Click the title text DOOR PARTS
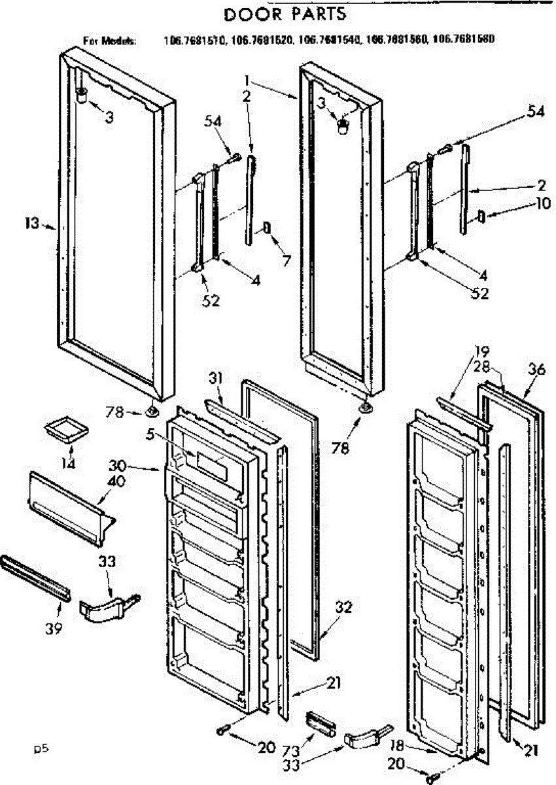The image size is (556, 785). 285,13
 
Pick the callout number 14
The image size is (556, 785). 68,463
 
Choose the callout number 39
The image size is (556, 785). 54,628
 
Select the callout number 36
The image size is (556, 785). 536,369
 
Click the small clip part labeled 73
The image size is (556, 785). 318,724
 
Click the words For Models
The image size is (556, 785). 109,41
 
